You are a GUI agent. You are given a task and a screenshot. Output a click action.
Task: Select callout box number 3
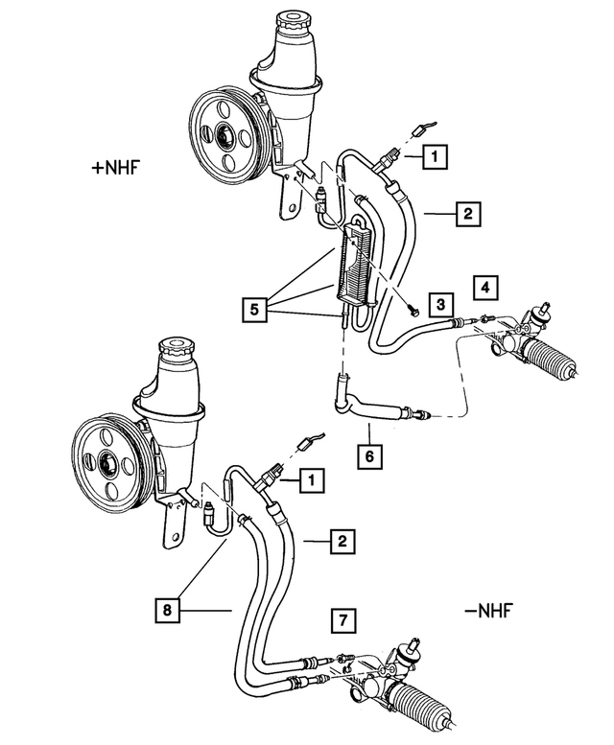coord(439,305)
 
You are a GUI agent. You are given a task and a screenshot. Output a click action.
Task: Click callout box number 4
coord(485,287)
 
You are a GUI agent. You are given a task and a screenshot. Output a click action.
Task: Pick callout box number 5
coord(256,310)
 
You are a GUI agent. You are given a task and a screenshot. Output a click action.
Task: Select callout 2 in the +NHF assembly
coord(464,214)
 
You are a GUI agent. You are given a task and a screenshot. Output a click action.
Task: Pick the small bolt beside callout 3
coord(412,310)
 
